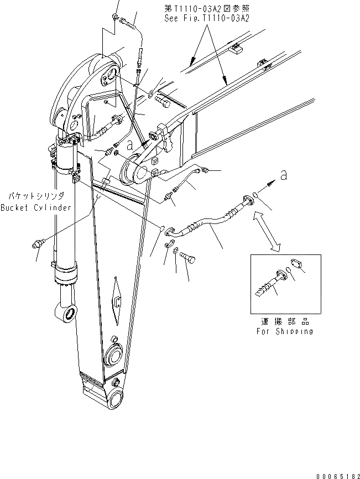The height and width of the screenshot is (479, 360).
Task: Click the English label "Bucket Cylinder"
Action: [36, 207]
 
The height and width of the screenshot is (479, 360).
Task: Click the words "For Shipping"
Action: [284, 331]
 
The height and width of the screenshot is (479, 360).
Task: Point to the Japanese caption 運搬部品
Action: [284, 321]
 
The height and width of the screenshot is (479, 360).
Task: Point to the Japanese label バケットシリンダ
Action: [36, 196]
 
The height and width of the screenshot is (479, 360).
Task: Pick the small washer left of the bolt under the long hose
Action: [175, 252]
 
